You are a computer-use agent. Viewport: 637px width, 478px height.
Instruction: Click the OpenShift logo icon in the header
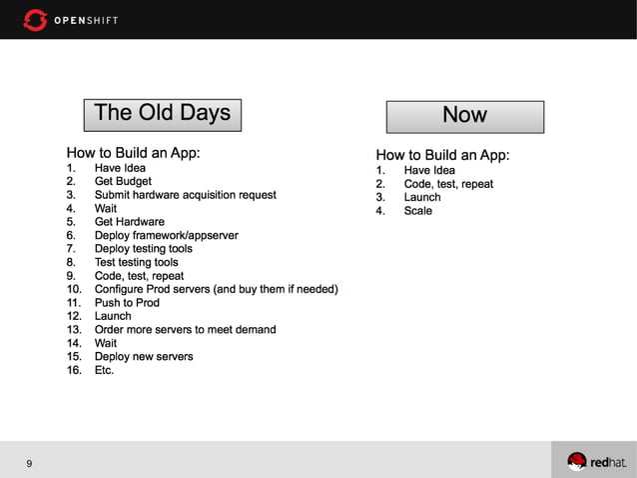(x=35, y=19)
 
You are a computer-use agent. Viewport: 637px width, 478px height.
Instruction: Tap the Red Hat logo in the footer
(x=597, y=461)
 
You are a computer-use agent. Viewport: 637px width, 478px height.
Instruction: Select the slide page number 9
(x=30, y=463)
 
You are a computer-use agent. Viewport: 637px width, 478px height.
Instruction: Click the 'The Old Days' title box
(x=162, y=113)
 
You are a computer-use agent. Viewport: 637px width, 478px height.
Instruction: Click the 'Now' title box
(x=464, y=116)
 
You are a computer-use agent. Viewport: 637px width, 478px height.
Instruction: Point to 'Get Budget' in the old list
(x=123, y=182)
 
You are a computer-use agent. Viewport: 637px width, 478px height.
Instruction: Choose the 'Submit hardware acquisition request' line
(x=185, y=195)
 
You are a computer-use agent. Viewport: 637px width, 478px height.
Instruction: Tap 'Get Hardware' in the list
(x=129, y=222)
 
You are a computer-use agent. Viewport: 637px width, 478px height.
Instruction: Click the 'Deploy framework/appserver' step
(x=166, y=236)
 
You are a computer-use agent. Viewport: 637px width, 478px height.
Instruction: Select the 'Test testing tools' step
(x=136, y=262)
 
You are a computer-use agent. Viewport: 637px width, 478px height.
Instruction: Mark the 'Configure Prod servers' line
(x=216, y=289)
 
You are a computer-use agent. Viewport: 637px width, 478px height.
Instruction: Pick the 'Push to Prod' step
(x=127, y=303)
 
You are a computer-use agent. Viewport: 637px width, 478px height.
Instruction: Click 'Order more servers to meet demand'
(x=185, y=330)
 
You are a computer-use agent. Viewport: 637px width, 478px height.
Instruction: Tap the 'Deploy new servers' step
(x=144, y=357)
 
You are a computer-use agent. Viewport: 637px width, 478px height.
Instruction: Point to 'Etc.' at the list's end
(x=104, y=370)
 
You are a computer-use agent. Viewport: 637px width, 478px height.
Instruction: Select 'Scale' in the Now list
(x=417, y=211)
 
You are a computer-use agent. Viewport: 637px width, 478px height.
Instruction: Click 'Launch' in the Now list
(x=421, y=197)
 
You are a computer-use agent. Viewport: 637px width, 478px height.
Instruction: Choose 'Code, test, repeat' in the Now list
(x=448, y=184)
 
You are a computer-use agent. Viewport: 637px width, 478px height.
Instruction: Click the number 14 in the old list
(x=73, y=343)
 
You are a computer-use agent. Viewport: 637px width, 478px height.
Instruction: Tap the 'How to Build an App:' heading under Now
(x=442, y=155)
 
